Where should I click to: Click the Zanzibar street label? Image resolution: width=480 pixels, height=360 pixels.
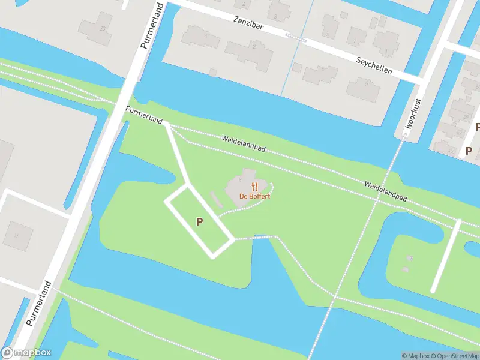250,23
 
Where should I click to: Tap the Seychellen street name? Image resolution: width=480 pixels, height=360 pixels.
374,65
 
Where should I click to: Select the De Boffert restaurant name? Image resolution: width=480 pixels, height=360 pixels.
255,196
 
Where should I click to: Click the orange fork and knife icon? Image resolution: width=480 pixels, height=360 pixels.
255,186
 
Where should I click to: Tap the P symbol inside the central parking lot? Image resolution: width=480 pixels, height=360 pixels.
200,221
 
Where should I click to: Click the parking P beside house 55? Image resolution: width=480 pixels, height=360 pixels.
469,150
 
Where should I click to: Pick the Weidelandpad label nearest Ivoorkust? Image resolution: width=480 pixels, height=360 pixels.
386,190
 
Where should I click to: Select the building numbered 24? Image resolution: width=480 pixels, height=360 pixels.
16,234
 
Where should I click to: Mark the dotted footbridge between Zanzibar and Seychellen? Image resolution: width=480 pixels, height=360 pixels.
296,38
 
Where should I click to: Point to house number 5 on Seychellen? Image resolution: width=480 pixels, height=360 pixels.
367,83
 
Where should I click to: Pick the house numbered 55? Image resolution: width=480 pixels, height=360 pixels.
450,150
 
